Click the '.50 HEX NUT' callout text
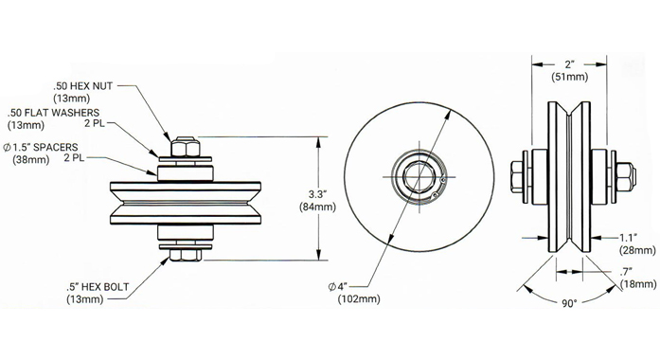coord(83,86)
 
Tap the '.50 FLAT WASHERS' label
coord(53,113)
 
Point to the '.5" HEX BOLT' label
coord(98,287)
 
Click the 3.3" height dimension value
coord(318,194)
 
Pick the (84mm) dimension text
coord(318,207)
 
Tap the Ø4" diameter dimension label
coord(338,287)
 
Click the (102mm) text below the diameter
coord(359,299)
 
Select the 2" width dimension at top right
coord(569,64)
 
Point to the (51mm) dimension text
coord(569,77)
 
